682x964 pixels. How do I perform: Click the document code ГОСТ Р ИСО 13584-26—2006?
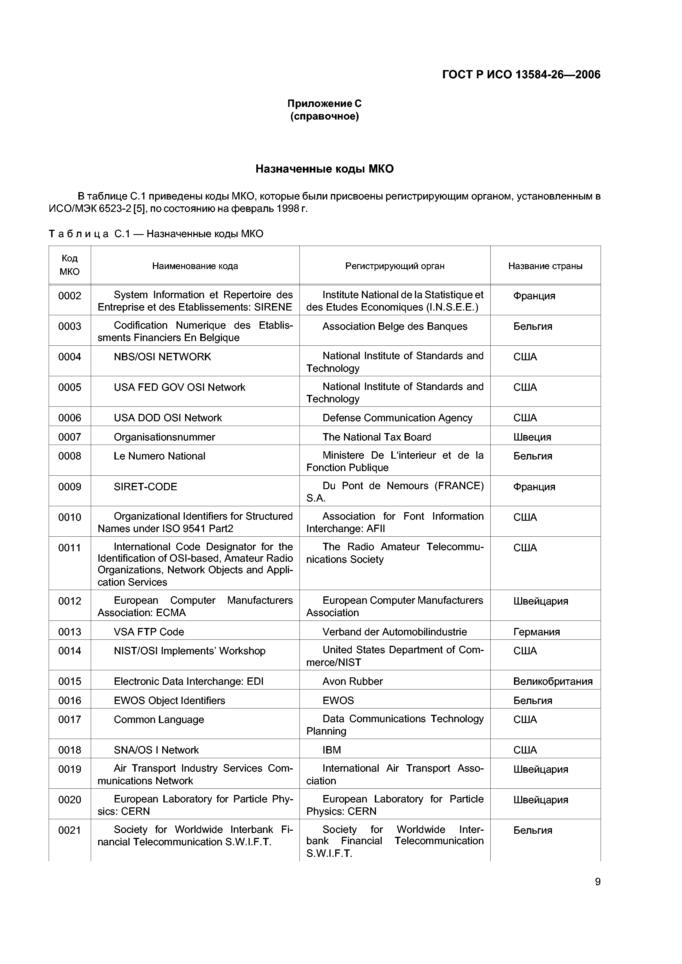[521, 75]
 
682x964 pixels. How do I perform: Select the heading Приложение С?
[324, 103]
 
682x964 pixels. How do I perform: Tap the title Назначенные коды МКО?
[324, 169]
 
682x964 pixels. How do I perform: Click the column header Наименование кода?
[195, 266]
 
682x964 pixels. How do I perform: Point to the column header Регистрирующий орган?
[395, 266]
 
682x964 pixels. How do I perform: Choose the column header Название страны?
[545, 266]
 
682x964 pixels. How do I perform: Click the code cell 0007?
[70, 437]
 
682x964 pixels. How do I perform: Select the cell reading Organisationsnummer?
[164, 437]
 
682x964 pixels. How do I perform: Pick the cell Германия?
[536, 632]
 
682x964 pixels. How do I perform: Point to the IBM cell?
[332, 750]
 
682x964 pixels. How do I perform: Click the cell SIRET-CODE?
[145, 487]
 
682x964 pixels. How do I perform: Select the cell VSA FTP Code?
[149, 632]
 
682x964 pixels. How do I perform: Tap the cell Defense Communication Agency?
[397, 418]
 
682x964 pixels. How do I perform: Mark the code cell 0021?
[70, 830]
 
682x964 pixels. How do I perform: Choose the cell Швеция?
[532, 437]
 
